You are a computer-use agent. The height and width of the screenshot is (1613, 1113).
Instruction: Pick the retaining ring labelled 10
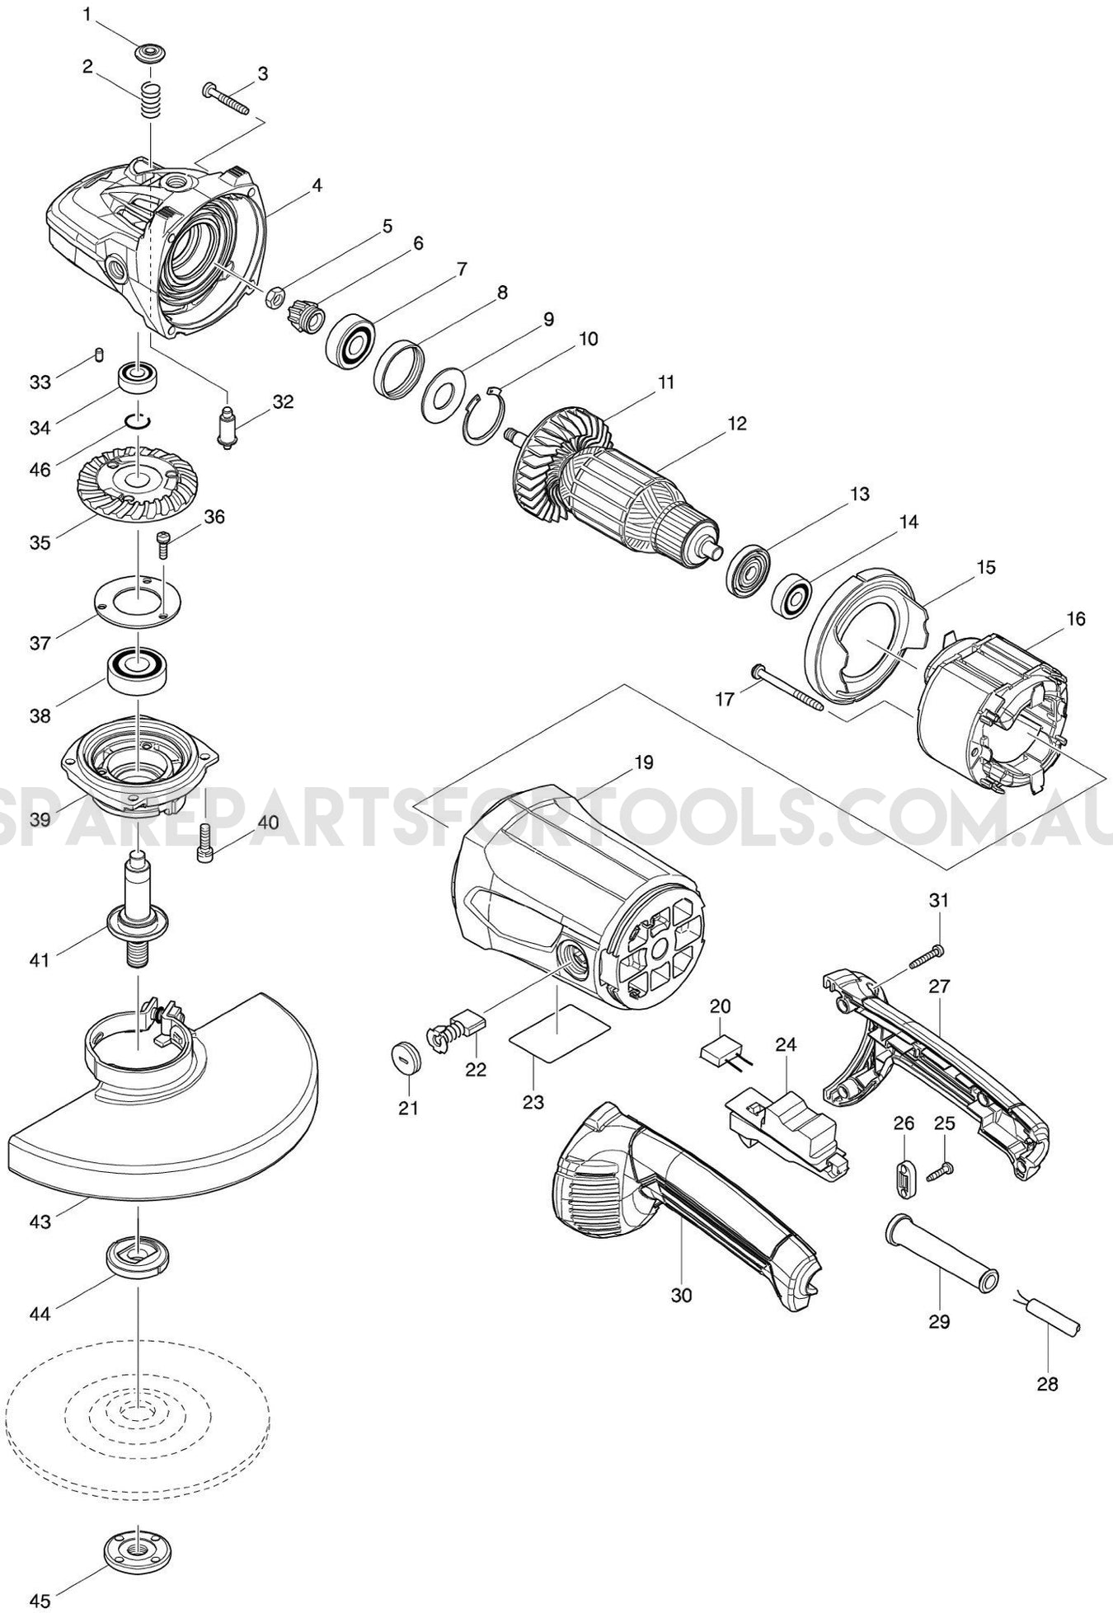pos(481,415)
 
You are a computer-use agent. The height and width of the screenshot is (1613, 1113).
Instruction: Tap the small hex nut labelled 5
pos(278,294)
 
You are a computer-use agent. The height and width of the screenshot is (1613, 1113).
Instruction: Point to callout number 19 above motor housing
pos(643,762)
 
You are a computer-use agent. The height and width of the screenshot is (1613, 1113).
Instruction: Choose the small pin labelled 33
pos(98,355)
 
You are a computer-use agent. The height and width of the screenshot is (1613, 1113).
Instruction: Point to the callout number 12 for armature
pos(737,424)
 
